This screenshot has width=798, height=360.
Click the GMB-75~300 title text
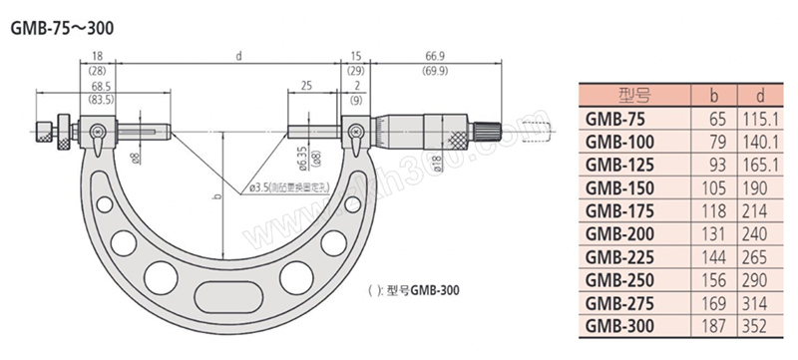62,29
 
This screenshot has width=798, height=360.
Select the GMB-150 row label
619,188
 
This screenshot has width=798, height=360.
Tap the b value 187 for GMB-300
713,326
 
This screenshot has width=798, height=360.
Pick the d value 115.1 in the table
758,119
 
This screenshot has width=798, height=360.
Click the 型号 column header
634,95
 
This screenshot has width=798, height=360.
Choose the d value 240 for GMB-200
754,234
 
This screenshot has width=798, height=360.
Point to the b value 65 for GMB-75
717,119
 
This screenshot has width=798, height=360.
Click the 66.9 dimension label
435,55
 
